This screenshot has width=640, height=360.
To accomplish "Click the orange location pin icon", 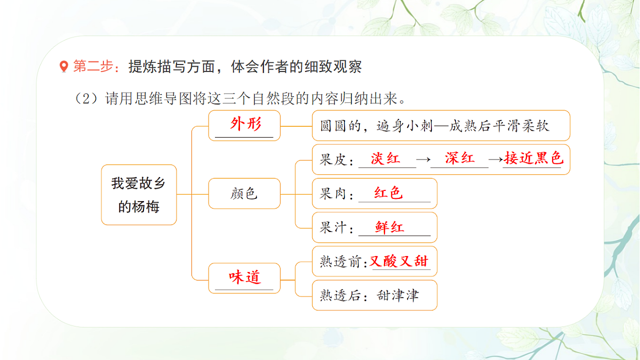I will [64, 67].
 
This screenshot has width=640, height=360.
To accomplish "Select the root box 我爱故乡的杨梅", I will [139, 195].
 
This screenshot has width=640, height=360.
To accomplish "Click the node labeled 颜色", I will [244, 194].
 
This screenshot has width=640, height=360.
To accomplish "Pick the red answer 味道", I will [245, 277].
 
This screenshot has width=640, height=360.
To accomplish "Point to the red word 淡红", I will [386, 158].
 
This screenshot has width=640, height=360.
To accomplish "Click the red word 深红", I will [459, 158].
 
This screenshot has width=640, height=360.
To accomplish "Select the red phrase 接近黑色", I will [533, 158].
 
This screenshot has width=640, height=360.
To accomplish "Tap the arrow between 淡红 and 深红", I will [423, 159].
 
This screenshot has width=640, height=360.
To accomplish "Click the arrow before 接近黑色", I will [495, 159].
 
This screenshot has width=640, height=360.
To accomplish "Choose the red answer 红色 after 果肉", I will [389, 193].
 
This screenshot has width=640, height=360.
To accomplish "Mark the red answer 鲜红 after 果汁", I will [390, 227].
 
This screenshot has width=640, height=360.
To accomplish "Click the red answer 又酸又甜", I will [399, 261].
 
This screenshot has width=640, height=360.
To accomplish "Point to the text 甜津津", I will [398, 295].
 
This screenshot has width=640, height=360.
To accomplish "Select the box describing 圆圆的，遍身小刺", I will [441, 126].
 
